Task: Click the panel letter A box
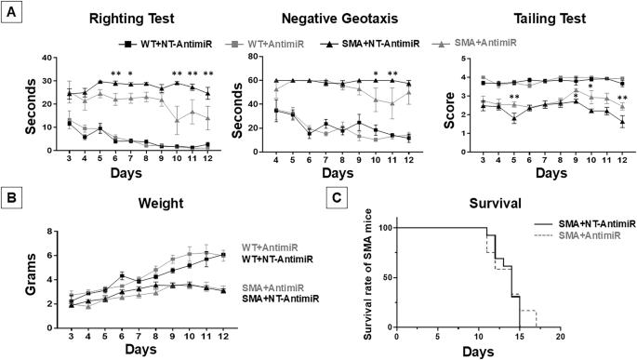click(11, 11)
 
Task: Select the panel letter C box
click(341, 197)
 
